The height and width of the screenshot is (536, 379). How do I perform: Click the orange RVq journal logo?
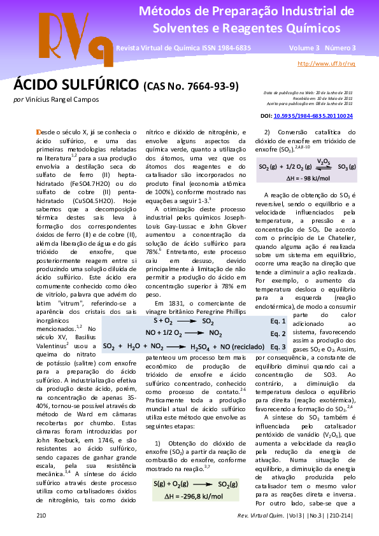pyautogui.click(x=69, y=35)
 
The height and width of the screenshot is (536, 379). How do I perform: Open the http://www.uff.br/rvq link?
pyautogui.click(x=326, y=64)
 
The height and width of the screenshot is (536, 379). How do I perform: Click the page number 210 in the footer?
pyautogui.click(x=41, y=514)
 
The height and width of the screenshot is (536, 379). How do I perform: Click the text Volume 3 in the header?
pyautogui.click(x=303, y=48)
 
